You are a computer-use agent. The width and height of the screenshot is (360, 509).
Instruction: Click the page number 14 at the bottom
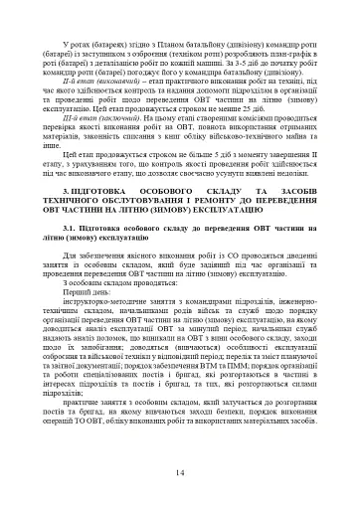(x=180, y=471)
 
